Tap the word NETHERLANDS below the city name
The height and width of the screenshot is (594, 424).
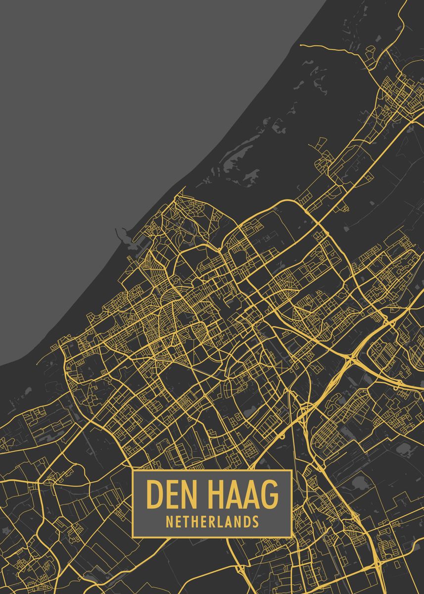pyautogui.click(x=212, y=521)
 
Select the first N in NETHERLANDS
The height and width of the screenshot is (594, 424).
pyautogui.click(x=170, y=521)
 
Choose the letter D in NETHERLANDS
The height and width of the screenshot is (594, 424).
pyautogui.click(x=246, y=521)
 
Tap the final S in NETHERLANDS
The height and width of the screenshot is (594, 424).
pyautogui.click(x=255, y=521)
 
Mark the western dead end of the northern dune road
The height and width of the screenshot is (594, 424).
pyautogui.click(x=300, y=46)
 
